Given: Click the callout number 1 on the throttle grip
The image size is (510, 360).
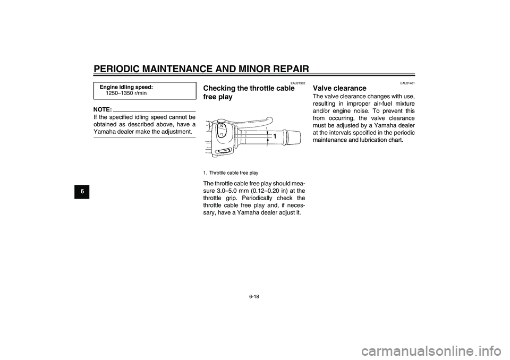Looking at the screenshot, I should tap(275, 137).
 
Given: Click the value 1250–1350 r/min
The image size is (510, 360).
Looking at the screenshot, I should tap(126, 93).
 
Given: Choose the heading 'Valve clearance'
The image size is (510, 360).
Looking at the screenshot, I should tap(339, 88).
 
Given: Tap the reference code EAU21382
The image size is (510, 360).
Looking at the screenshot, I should tap(298, 83).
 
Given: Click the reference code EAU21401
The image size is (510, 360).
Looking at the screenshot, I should tap(407, 83).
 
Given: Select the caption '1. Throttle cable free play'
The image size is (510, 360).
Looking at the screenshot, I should tap(231, 173).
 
